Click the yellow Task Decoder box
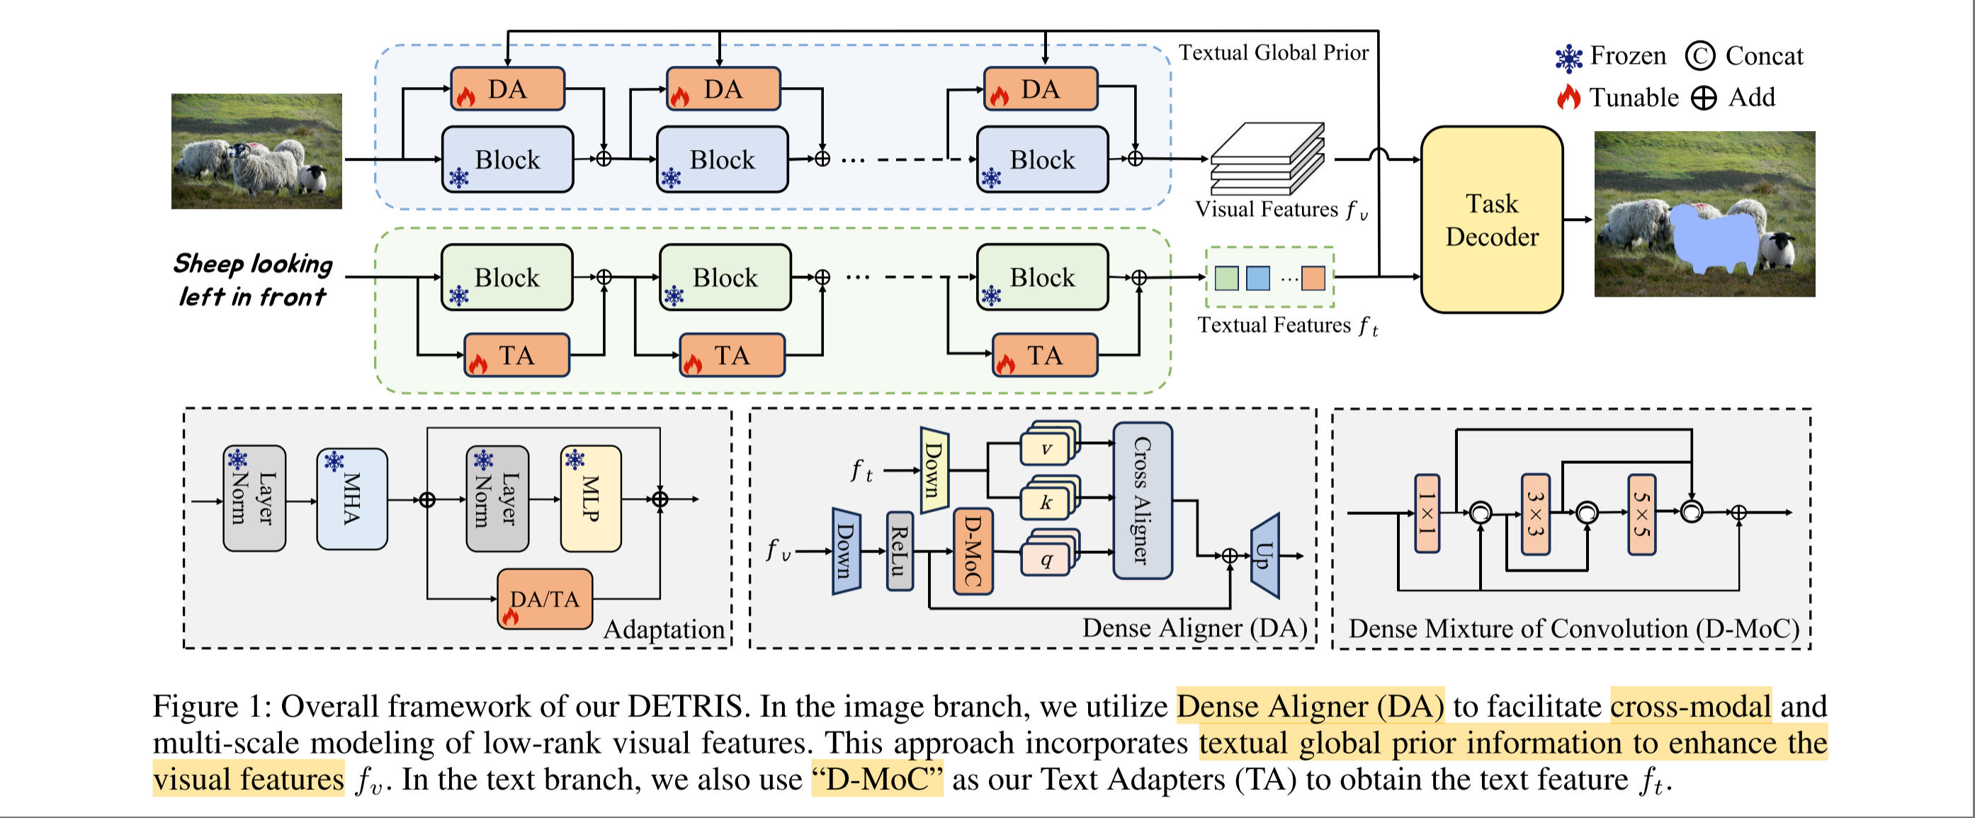point(1491,220)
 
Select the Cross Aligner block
point(1142,500)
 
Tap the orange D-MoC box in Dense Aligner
point(973,551)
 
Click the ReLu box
point(900,551)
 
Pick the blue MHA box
point(352,499)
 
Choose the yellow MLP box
point(590,499)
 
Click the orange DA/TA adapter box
point(544,598)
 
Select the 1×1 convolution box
point(1426,513)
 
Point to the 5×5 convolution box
point(1641,513)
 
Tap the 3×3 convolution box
point(1535,513)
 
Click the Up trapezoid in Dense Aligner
point(1265,555)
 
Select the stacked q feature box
point(1046,559)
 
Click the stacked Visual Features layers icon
point(1267,159)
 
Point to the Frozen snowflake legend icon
point(1568,57)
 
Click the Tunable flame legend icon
point(1568,97)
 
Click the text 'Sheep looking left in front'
point(252,280)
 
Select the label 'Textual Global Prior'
point(1273,53)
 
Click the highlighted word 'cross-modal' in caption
point(1690,706)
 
